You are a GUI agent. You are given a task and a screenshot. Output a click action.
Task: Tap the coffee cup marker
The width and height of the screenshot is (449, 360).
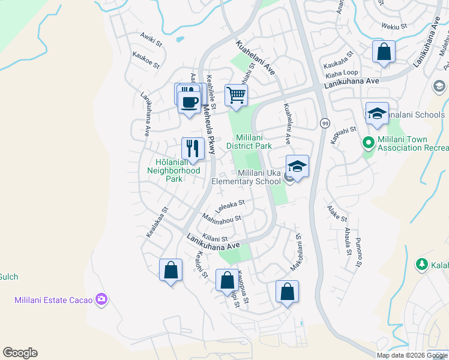[x=190, y=102]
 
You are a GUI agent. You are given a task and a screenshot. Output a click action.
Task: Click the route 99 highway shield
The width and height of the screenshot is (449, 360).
[x=324, y=123]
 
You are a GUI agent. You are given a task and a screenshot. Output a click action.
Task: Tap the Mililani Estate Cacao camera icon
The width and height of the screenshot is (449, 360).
[x=101, y=299]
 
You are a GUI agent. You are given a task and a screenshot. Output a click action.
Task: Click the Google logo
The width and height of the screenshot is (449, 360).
[x=20, y=352]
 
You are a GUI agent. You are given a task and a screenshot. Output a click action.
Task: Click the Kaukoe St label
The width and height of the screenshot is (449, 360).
[x=146, y=59]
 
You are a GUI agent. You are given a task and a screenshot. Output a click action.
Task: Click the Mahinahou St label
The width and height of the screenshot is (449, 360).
[x=221, y=218]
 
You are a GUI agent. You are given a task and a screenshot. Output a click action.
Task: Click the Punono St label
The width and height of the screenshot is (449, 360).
[x=359, y=254]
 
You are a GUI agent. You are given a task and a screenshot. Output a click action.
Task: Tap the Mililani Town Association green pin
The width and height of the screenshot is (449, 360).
[x=367, y=143]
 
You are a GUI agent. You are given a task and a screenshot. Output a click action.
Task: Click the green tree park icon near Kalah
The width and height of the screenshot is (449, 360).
[x=422, y=264]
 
